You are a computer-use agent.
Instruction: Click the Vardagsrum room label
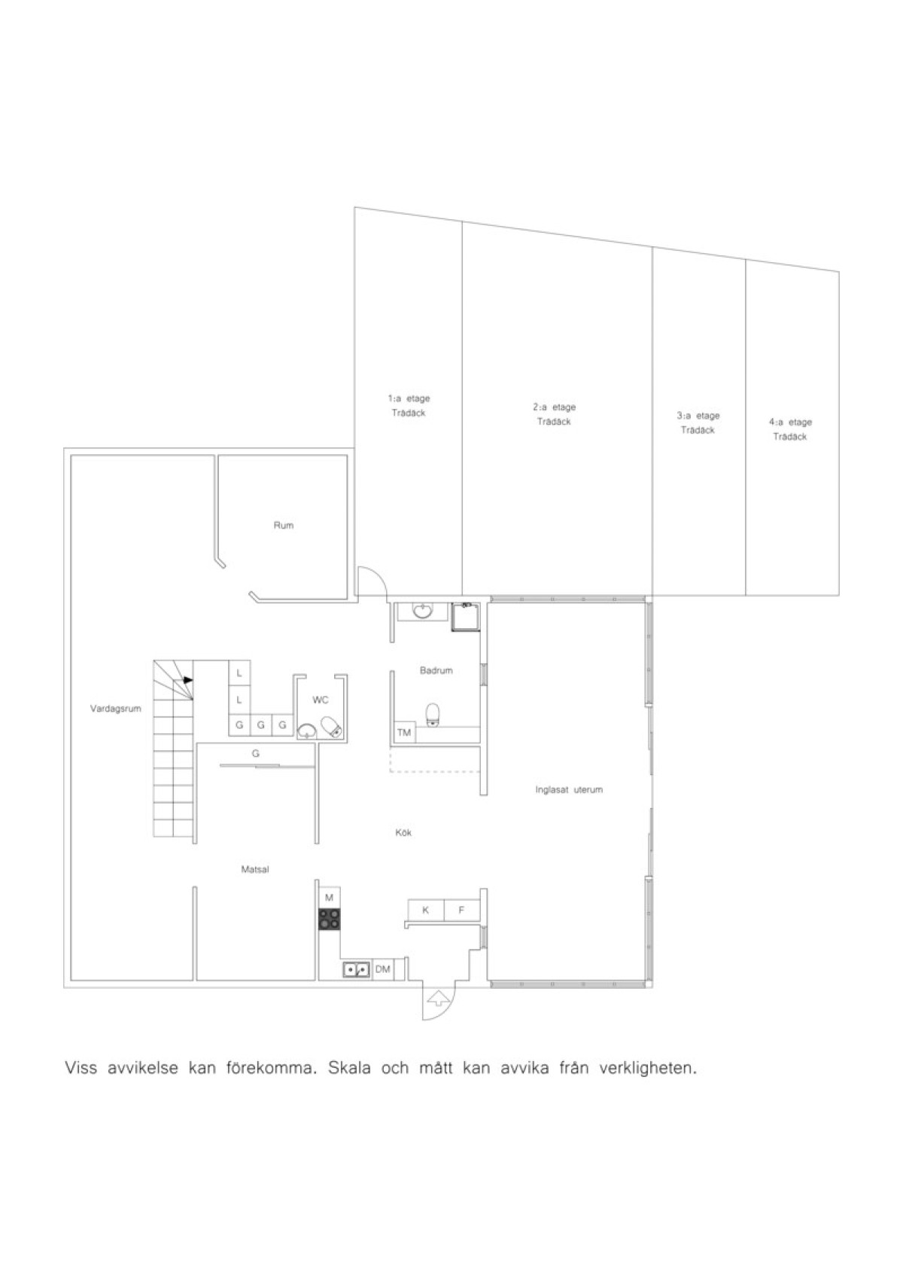tap(115, 709)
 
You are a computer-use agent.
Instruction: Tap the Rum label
tap(284, 525)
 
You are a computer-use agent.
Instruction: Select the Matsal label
tap(255, 870)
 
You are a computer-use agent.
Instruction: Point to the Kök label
tap(403, 832)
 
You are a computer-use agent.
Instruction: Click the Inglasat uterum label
tap(569, 790)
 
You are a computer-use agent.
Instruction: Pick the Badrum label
tap(436, 670)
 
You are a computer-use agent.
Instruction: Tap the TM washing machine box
tap(404, 733)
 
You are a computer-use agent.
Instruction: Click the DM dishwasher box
tap(383, 968)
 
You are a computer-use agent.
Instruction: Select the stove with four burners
tap(330, 920)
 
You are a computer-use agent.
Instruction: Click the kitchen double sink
tap(357, 969)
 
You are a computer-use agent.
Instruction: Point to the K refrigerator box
tap(425, 910)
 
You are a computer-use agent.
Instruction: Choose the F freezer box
tap(461, 910)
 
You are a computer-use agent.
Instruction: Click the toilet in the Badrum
tap(433, 715)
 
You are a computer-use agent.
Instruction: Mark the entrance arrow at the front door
tap(438, 998)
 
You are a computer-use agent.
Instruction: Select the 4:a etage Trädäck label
tap(790, 429)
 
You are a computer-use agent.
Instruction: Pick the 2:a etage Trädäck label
tap(554, 414)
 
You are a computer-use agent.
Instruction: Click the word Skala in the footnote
tap(349, 1068)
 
